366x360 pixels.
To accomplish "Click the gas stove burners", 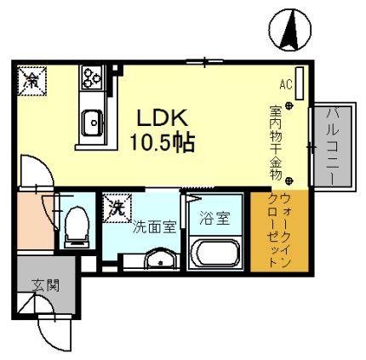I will (91, 78).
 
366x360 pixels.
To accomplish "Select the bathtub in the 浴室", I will (215, 253).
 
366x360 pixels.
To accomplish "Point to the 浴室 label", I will (214, 218).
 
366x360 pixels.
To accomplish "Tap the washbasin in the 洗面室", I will (157, 259).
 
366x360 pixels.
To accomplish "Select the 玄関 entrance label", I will (45, 286).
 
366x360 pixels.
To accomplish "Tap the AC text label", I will (286, 85).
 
